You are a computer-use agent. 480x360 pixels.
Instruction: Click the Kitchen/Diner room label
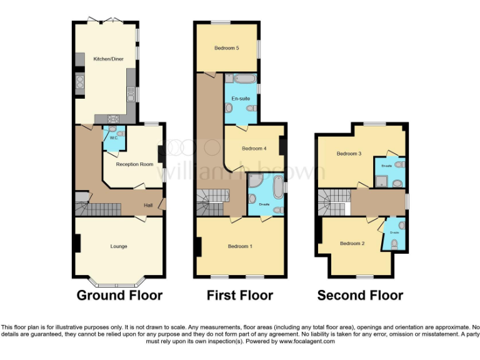(105, 59)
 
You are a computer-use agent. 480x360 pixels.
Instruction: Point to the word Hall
(148, 205)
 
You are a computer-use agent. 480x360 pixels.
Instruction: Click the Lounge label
(119, 246)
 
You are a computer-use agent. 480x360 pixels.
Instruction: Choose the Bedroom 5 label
(227, 47)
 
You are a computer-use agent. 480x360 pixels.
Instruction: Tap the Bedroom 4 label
(254, 149)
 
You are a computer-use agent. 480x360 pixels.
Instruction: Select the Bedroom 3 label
(349, 153)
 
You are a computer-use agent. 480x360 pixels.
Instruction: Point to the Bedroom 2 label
(352, 243)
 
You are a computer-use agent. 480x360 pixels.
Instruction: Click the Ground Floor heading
(119, 296)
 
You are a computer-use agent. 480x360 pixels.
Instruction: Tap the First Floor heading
(240, 296)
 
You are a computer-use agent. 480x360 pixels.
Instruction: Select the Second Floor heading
(360, 296)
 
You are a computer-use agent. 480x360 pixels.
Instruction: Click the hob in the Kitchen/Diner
(114, 119)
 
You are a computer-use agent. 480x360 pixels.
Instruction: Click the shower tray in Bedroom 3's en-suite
(381, 181)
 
